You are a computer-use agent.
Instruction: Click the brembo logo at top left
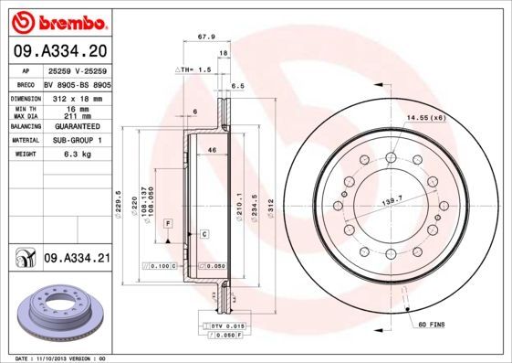57,20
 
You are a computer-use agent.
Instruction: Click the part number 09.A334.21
77,260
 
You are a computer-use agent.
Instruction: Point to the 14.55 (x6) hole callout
425,118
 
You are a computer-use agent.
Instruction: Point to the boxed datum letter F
168,223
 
